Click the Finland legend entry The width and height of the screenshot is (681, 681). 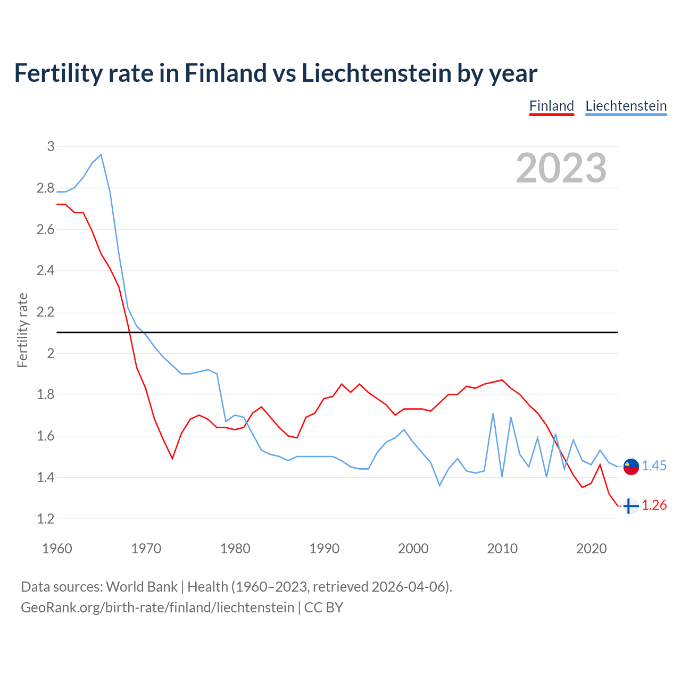pyautogui.click(x=552, y=106)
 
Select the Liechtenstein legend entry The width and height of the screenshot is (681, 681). pyautogui.click(x=626, y=106)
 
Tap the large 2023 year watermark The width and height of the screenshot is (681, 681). pyautogui.click(x=561, y=168)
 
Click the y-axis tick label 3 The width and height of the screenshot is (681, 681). pyautogui.click(x=51, y=146)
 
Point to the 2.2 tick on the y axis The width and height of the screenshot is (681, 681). pyautogui.click(x=46, y=312)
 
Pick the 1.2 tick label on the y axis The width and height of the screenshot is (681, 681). pyautogui.click(x=46, y=519)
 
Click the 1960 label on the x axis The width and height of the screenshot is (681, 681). pyautogui.click(x=57, y=549)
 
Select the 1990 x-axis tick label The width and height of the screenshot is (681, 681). pyautogui.click(x=324, y=549)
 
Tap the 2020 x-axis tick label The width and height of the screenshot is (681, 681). pyautogui.click(x=591, y=549)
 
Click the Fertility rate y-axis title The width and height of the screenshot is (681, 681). pyautogui.click(x=22, y=330)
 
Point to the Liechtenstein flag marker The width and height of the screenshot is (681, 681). pyautogui.click(x=631, y=467)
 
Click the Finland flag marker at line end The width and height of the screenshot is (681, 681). pyautogui.click(x=631, y=506)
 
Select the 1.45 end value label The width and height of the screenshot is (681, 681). pyautogui.click(x=654, y=466)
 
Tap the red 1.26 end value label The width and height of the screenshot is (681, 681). pyautogui.click(x=654, y=505)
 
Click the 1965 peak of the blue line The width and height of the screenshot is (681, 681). pyautogui.click(x=101, y=155)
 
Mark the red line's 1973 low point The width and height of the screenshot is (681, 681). pyautogui.click(x=172, y=458)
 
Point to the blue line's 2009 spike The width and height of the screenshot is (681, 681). pyautogui.click(x=493, y=413)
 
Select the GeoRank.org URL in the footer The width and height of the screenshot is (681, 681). pyautogui.click(x=157, y=608)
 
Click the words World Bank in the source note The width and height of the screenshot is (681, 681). pyautogui.click(x=142, y=587)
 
